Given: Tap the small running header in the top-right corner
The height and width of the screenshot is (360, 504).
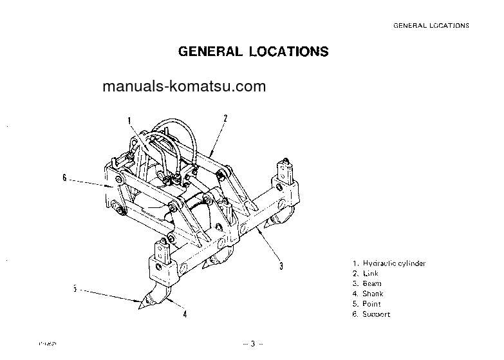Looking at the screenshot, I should tap(431, 26).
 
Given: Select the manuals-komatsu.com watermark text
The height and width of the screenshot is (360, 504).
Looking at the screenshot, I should tap(183, 87).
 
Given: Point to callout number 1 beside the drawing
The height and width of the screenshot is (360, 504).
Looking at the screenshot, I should tap(129, 120).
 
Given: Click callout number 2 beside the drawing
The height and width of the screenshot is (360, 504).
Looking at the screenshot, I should tap(225, 118).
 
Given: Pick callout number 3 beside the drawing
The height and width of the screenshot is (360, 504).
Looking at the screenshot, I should tap(281, 265).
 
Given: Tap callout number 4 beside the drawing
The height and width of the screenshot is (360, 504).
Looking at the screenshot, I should tap(185, 315).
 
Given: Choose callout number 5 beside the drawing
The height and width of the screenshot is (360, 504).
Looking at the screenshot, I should tap(75, 289).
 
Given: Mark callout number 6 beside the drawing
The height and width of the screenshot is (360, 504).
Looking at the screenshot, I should tap(64, 178).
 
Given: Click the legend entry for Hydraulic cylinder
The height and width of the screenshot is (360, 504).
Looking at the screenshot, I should tap(389, 263).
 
